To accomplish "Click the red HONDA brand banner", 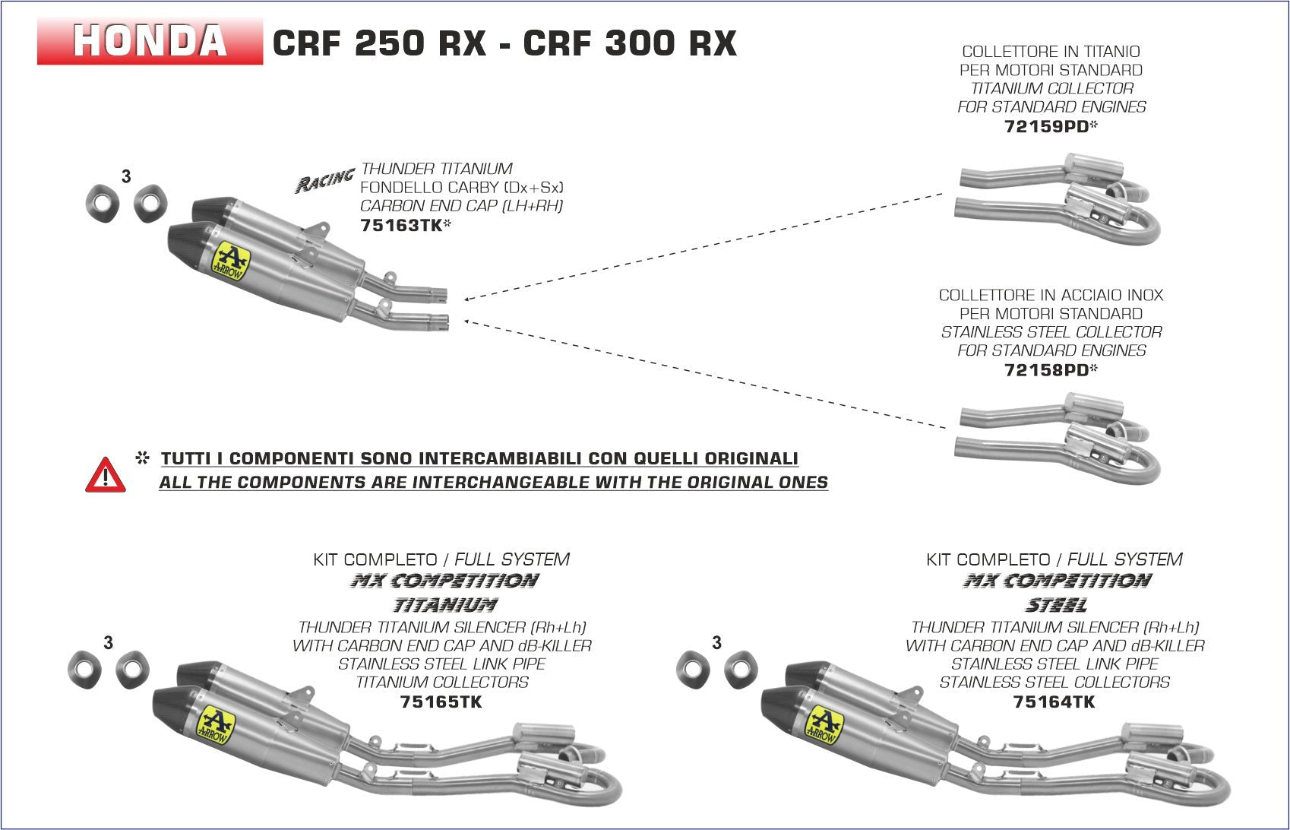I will (x=150, y=41).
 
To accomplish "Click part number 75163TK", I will (x=400, y=225).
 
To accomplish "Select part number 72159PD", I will (x=1047, y=126).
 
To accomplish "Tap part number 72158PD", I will (x=1047, y=369).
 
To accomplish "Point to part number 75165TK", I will (x=441, y=702).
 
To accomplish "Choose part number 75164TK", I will (x=1054, y=702).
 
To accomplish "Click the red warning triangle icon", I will (x=106, y=476).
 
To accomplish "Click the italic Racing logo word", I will (x=324, y=180).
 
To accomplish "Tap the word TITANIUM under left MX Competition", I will (x=444, y=605).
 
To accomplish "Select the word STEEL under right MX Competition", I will (x=1057, y=605).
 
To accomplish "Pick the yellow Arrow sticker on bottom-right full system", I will (x=824, y=724).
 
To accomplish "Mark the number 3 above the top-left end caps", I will (x=126, y=176).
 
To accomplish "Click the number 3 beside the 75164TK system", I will (x=716, y=643).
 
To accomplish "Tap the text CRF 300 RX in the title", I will (x=630, y=43).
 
